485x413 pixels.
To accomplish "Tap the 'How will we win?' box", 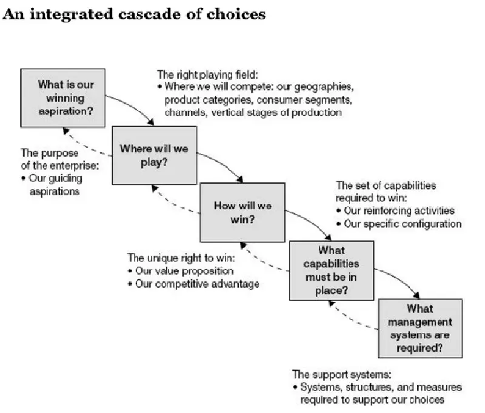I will (242, 212).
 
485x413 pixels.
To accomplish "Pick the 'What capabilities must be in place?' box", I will (332, 270).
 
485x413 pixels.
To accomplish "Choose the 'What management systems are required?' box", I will (420, 328).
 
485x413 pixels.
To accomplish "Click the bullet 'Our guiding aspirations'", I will (55, 184).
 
